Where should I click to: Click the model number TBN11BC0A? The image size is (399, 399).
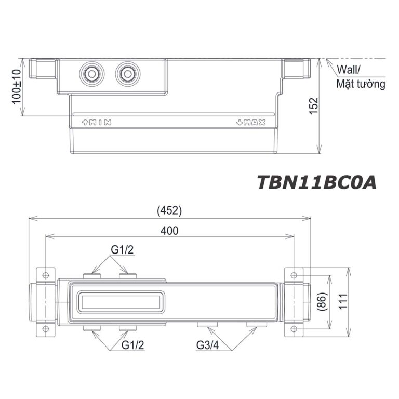[x=316, y=182]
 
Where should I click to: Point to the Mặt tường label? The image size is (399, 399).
[x=361, y=84]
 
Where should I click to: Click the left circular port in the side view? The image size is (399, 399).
[x=92, y=74]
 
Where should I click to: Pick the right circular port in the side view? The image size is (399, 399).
[x=127, y=74]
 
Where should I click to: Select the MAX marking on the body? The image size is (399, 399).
[x=251, y=123]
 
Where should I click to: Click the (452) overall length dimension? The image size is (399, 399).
[x=169, y=211]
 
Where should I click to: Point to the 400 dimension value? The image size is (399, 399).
[x=169, y=231]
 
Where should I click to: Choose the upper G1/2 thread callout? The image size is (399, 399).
[x=122, y=250]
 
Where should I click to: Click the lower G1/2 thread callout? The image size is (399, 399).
[x=132, y=345]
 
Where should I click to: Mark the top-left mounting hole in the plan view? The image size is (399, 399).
[x=45, y=274]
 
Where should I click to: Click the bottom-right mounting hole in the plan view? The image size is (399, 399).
[x=294, y=328]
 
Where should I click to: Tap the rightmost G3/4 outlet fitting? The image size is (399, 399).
[x=257, y=325]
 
